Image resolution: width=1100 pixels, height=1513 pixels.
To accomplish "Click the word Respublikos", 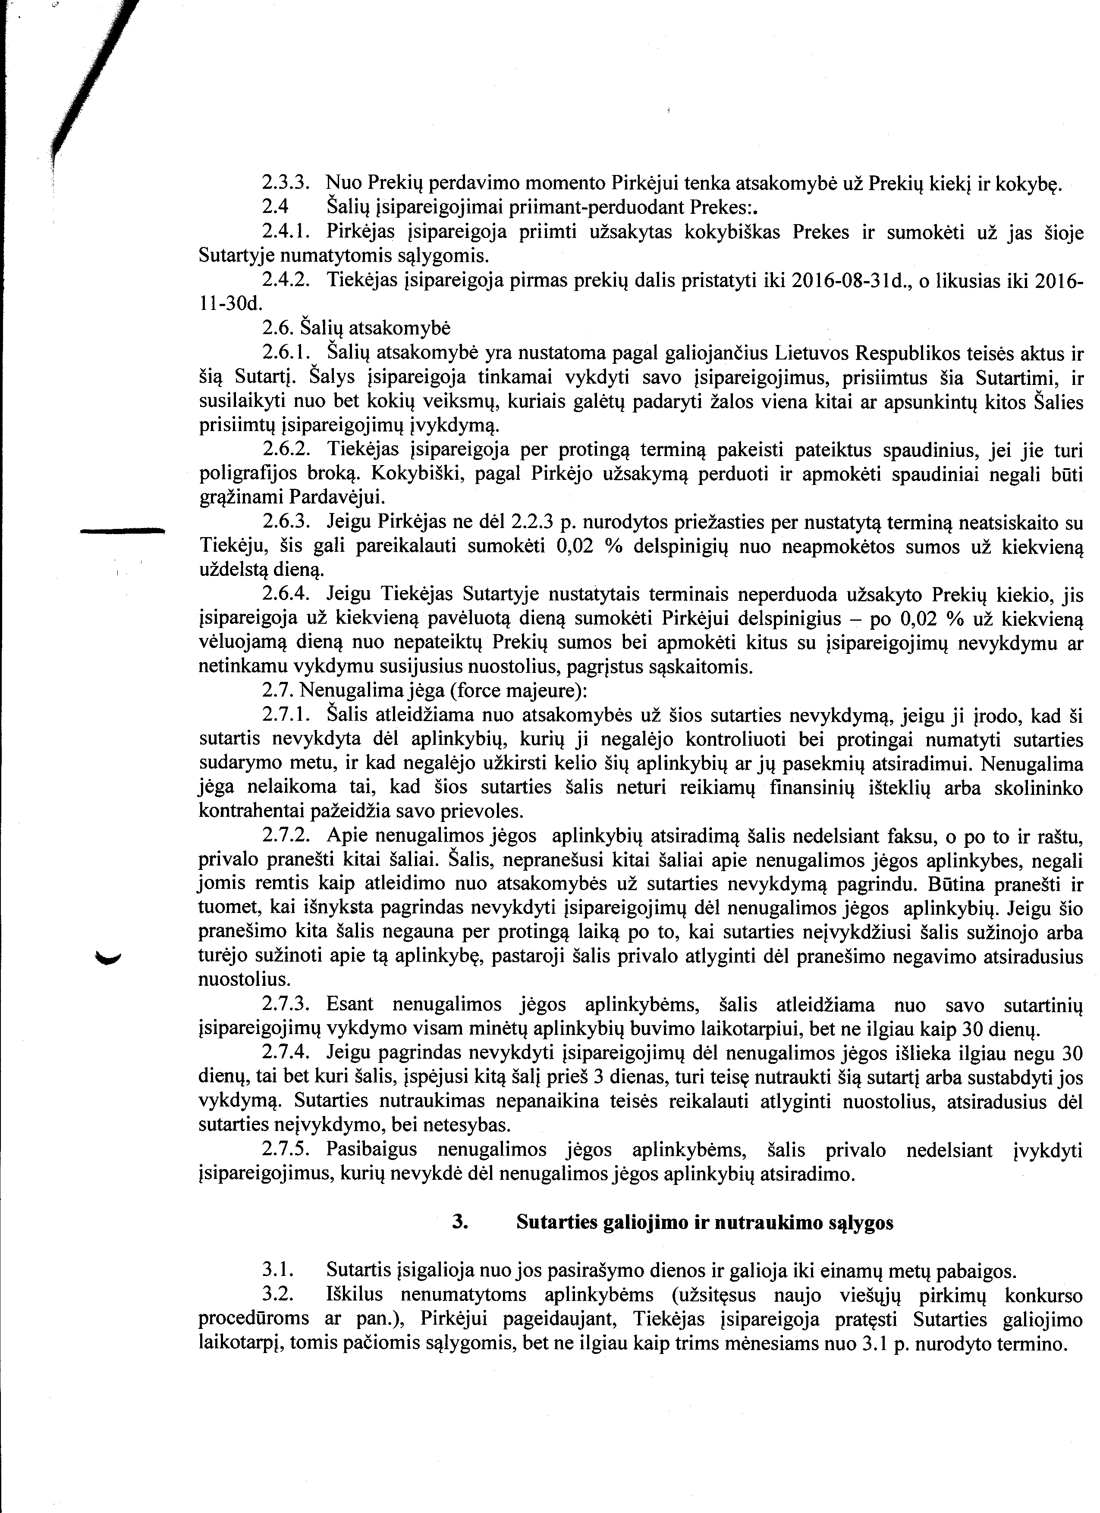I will (x=924, y=353).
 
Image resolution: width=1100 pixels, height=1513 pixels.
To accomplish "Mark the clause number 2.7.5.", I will (x=285, y=1150).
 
